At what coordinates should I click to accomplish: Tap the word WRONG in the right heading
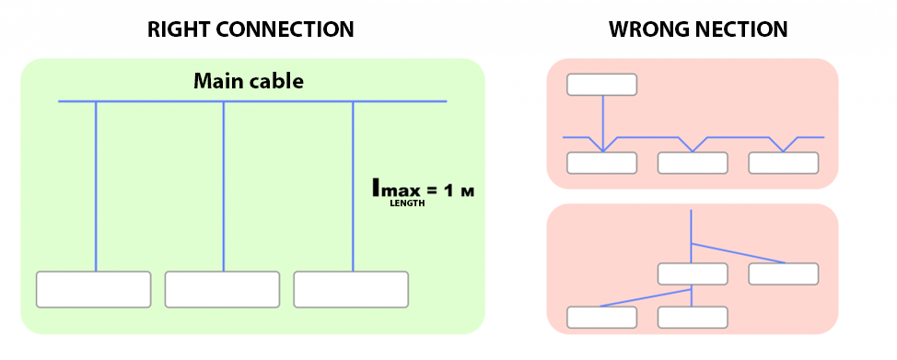coord(646,29)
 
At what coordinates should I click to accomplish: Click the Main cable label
coord(249,81)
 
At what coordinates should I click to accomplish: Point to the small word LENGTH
coord(406,203)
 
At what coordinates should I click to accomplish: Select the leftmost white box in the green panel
coord(93,289)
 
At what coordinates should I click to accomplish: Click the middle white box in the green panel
coord(222,289)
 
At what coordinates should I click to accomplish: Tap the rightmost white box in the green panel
coord(351,289)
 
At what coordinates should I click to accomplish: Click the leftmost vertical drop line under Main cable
coord(96,184)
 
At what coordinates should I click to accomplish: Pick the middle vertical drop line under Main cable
coord(224,184)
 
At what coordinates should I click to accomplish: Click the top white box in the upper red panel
coord(601,84)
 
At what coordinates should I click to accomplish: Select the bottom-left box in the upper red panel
coord(601,163)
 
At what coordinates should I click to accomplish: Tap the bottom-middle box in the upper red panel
coord(693,163)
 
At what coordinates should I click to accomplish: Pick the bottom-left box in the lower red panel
coord(601,317)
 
